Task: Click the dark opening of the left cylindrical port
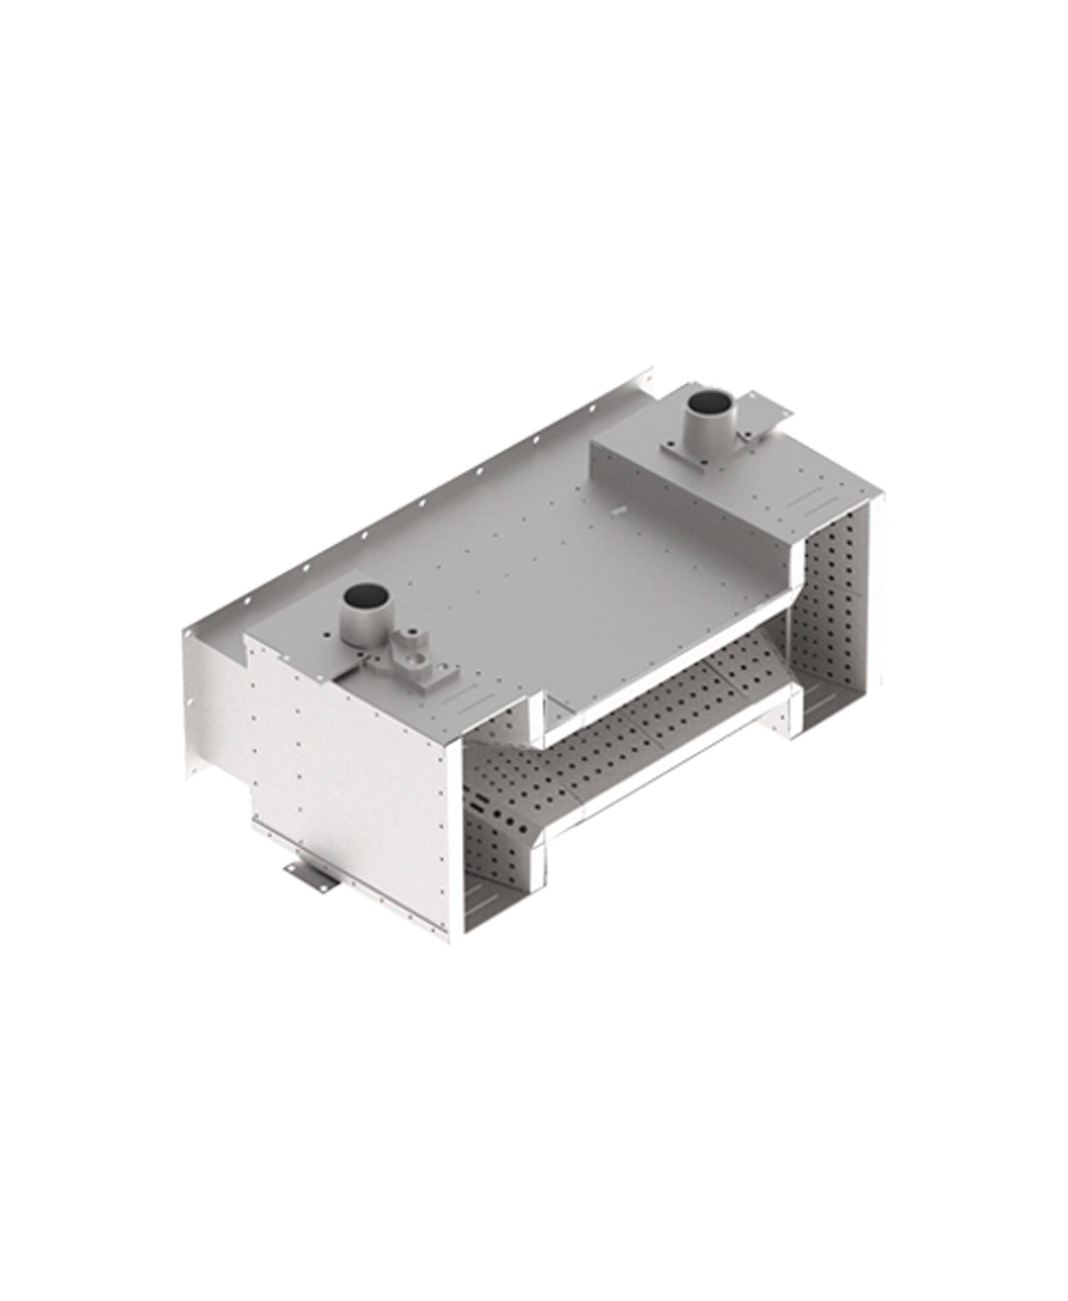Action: [x=367, y=594]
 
